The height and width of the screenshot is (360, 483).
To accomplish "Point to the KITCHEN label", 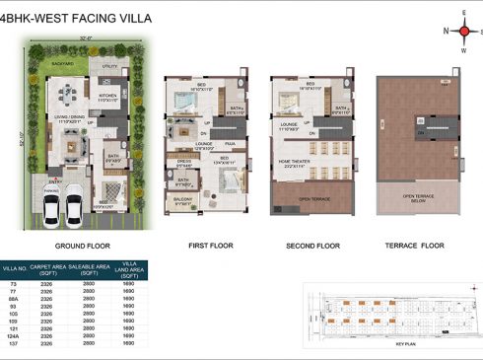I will pyautogui.click(x=108, y=96).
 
